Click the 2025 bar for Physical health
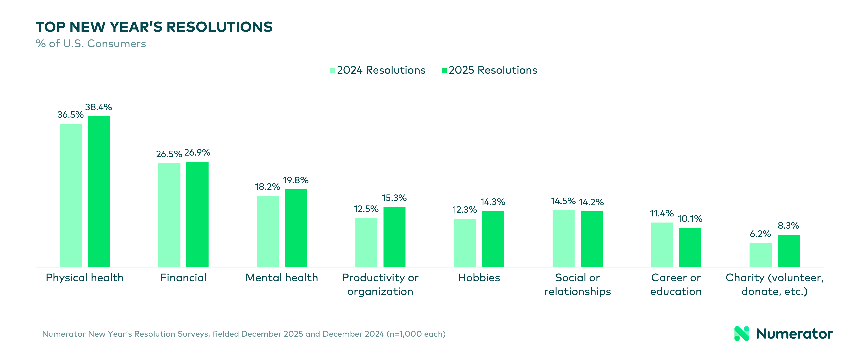(x=99, y=191)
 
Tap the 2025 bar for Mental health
(x=296, y=228)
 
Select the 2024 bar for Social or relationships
(x=564, y=238)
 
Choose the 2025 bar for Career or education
(x=690, y=247)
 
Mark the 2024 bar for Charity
(x=760, y=255)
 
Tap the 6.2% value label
(x=760, y=234)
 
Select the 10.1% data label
(x=690, y=219)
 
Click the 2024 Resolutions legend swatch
(x=332, y=71)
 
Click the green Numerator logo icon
(x=742, y=333)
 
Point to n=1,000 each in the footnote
(x=416, y=334)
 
